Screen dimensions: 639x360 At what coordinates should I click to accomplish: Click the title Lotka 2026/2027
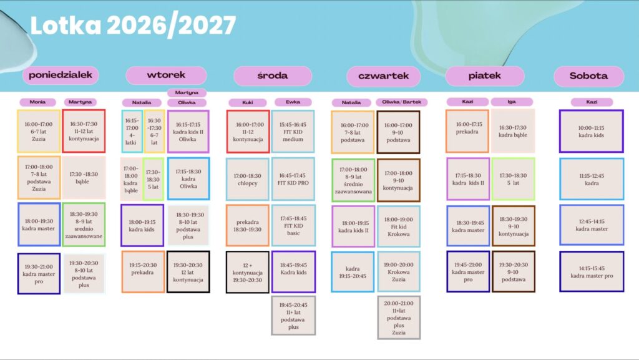click(134, 26)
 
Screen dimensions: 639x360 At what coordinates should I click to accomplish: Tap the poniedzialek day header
click(61, 75)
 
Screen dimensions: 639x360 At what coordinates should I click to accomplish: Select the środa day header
click(273, 75)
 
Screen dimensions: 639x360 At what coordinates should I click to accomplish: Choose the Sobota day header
click(589, 75)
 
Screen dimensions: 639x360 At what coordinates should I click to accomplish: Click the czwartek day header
click(384, 76)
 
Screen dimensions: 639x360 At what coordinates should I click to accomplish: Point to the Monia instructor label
click(37, 102)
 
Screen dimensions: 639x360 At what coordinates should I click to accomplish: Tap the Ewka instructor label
click(293, 102)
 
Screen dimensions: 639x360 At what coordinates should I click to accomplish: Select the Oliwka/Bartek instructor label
click(401, 102)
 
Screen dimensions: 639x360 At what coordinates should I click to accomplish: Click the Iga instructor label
click(512, 102)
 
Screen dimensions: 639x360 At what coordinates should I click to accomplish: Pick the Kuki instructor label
click(247, 102)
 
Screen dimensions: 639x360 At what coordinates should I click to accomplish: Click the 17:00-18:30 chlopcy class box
click(247, 179)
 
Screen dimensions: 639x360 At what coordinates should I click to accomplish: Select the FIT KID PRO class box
click(293, 179)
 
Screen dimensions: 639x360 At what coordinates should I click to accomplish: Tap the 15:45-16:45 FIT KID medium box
click(293, 132)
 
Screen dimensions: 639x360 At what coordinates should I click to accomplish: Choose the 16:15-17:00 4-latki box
click(132, 132)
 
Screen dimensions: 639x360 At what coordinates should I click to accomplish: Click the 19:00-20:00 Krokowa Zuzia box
click(399, 271)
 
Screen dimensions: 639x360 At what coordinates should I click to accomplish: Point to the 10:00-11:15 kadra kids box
click(592, 131)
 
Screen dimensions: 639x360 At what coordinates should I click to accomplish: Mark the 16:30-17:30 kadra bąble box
click(513, 131)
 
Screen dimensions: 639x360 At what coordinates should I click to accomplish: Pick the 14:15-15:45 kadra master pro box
click(592, 271)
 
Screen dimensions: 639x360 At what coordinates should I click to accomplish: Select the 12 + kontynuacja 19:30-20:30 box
click(247, 272)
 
